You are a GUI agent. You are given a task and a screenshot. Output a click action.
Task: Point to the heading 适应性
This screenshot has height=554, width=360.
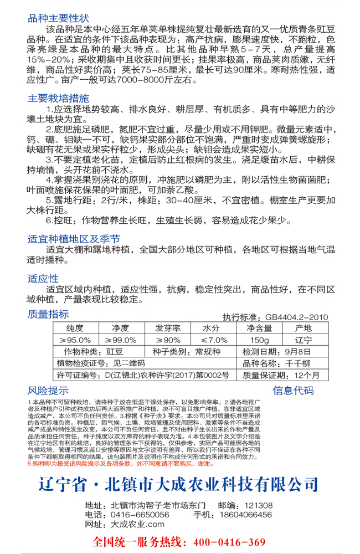(x=43, y=278)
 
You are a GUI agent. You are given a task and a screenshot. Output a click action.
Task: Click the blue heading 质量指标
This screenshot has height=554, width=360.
(x=48, y=315)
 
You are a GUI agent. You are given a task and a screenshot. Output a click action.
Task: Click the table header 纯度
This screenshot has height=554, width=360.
(x=75, y=329)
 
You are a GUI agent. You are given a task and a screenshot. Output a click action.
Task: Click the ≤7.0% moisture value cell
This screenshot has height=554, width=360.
(x=214, y=340)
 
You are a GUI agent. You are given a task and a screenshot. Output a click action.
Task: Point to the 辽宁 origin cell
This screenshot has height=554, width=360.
(x=304, y=340)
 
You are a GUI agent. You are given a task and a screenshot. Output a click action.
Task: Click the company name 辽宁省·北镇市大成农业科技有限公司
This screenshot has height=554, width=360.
(x=179, y=483)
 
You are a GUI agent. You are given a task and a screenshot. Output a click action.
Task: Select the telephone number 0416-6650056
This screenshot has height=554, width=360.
(x=136, y=515)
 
